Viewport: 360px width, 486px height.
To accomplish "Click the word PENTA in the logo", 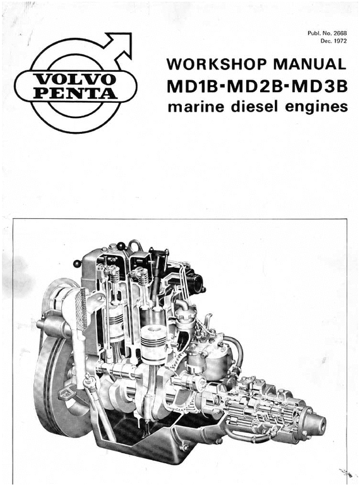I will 76,93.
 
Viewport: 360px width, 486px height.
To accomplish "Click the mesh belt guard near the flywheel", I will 80,309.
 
